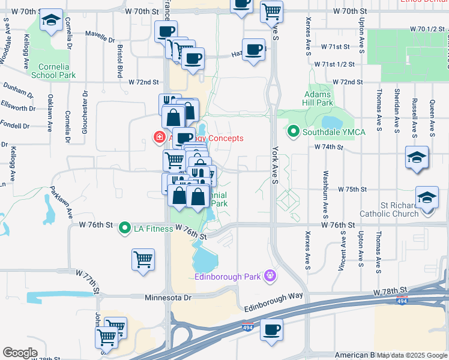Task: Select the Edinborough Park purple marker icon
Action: (270, 275)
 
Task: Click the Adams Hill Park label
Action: (318, 98)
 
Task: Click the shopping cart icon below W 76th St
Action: (143, 260)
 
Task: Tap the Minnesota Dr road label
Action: (167, 297)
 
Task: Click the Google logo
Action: (20, 353)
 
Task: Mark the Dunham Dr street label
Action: (17, 91)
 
